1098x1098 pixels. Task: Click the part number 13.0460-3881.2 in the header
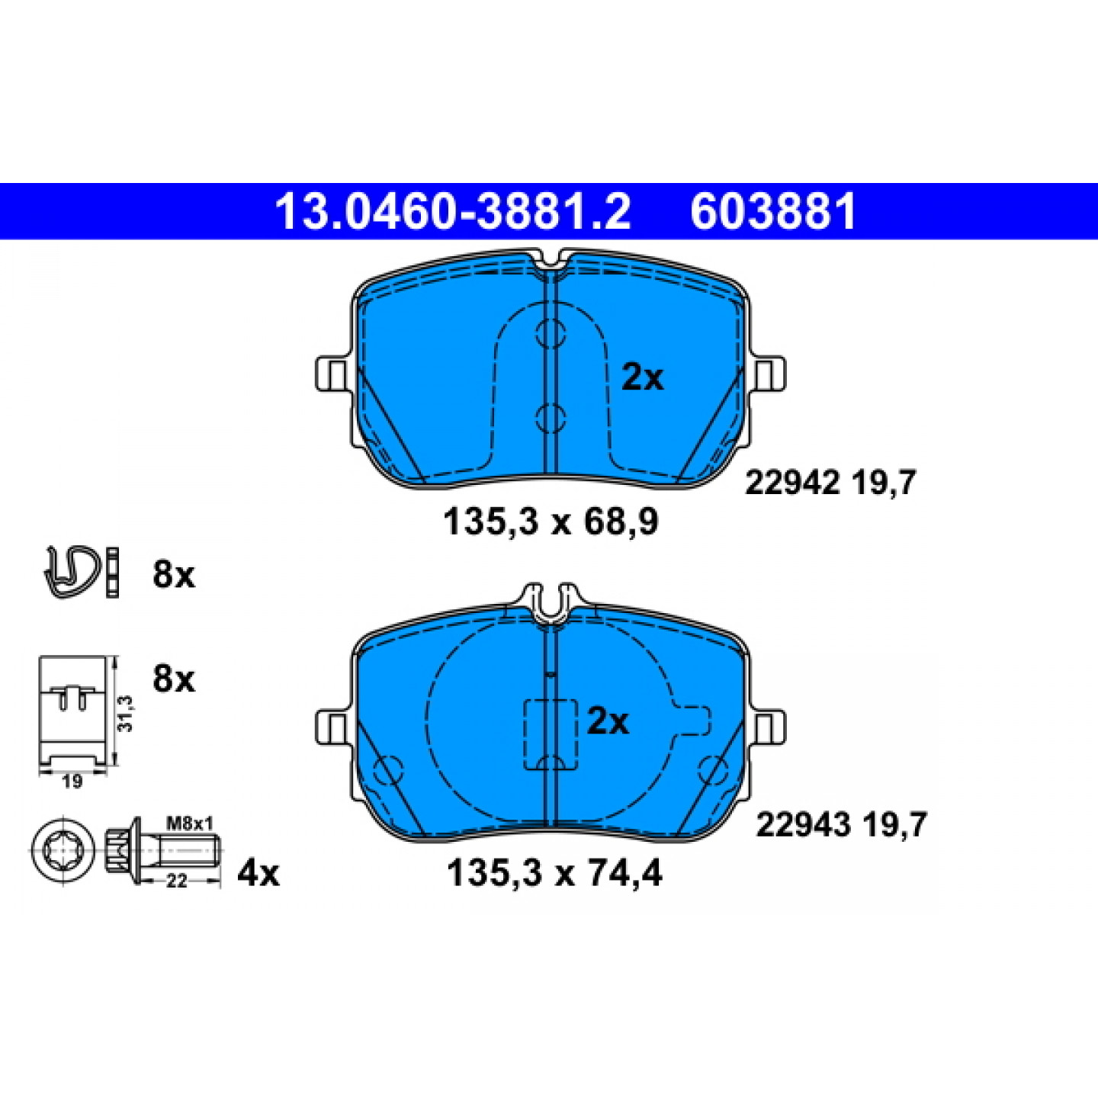[453, 211]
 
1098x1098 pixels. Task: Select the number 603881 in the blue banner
[773, 211]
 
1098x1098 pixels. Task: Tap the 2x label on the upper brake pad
[642, 377]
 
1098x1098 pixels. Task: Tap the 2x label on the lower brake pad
[608, 722]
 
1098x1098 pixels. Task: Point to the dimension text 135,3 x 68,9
[551, 522]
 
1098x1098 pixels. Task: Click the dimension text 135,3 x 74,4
[554, 874]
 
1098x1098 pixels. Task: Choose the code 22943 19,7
[841, 824]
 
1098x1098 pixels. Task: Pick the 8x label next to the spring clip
[173, 576]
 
